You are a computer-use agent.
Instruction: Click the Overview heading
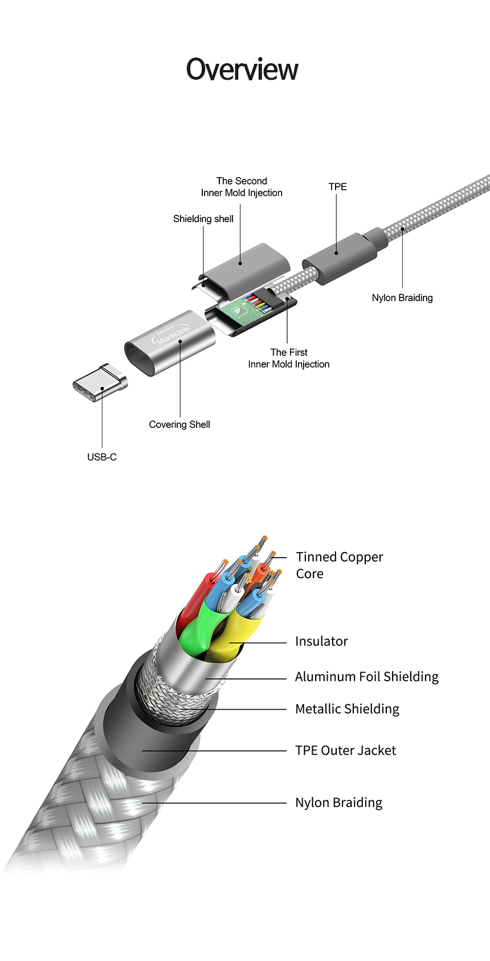coord(242,69)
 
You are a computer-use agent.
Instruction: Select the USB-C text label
coord(102,457)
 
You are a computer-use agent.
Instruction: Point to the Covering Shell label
coord(179,424)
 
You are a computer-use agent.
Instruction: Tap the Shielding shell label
coord(203,219)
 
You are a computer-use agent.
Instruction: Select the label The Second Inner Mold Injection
coord(242,187)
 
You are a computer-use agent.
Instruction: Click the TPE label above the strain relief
coord(337,187)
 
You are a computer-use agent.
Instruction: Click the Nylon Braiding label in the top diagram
coord(402,298)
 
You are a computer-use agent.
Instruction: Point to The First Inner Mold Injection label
coord(289,358)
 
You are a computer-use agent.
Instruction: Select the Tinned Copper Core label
coord(340,565)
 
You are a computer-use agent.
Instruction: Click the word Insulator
coord(321,641)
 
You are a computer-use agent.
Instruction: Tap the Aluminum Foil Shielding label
coord(367,677)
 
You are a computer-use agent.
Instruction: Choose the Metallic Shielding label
coord(347,709)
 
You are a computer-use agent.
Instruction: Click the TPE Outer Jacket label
coord(345,751)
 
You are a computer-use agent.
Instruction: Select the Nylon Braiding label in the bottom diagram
coord(338,803)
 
